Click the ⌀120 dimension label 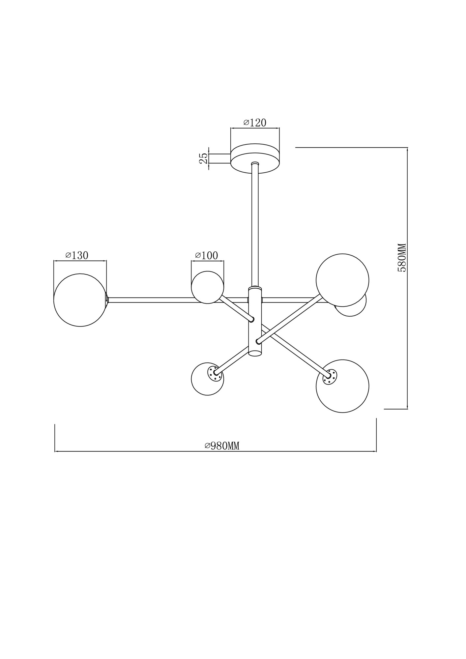coord(255,123)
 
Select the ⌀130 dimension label coord(77,255)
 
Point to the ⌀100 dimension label coord(207,255)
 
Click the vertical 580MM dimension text coord(402,257)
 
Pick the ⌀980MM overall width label coord(222,446)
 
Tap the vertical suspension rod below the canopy coord(255,224)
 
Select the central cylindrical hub coord(255,316)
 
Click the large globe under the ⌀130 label coord(80,300)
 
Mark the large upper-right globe coord(342,280)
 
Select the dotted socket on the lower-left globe coord(213,373)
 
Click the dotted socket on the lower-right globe coord(330,376)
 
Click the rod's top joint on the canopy coord(255,163)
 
